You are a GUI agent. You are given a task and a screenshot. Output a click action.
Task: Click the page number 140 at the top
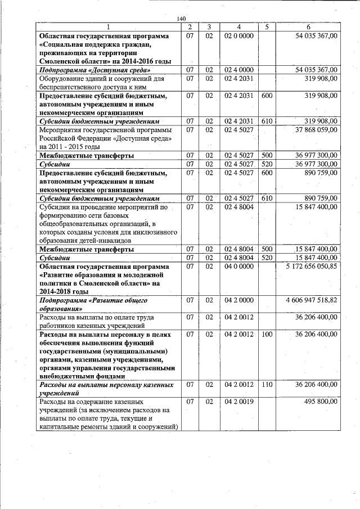click(181, 19)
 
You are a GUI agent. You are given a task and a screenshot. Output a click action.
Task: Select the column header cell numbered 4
click(239, 27)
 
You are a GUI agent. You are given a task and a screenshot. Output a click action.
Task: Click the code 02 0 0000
click(239, 35)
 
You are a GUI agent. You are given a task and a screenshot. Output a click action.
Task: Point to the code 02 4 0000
click(239, 70)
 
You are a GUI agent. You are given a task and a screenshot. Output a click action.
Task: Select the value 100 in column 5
click(267, 335)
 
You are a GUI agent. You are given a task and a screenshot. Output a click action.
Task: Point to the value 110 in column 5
click(267, 385)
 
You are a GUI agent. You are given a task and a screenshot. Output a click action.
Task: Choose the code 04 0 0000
click(239, 266)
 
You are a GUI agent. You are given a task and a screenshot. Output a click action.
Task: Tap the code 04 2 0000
click(239, 300)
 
